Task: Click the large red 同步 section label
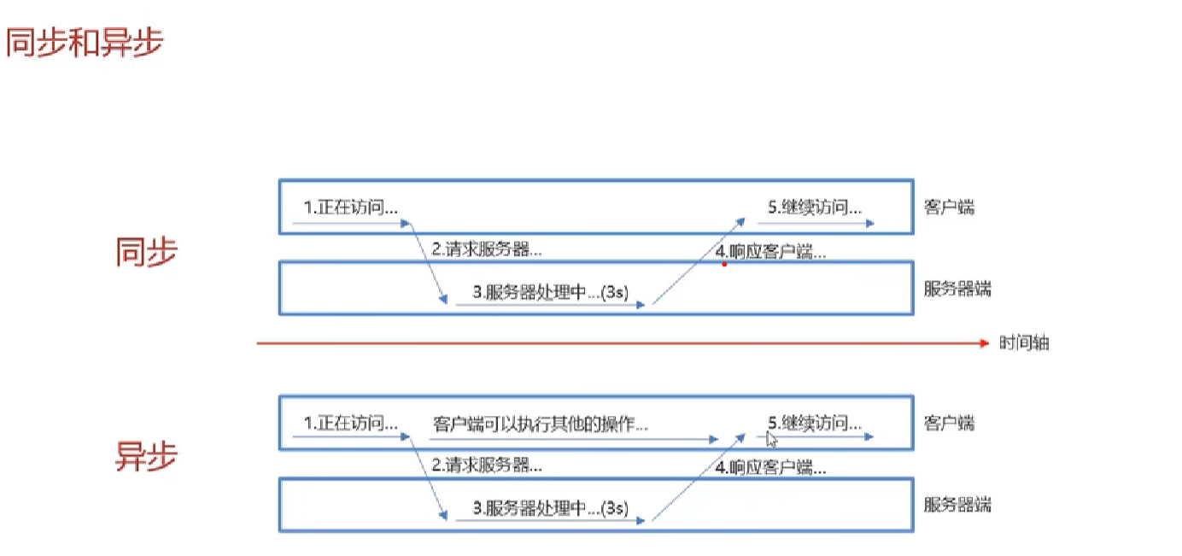pos(146,252)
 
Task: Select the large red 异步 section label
pos(146,458)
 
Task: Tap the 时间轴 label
pos(1024,343)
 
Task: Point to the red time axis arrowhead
pos(983,342)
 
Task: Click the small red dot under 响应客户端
pos(724,265)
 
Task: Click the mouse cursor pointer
pos(770,439)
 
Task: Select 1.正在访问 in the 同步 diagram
pos(351,207)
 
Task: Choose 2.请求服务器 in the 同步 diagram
pos(486,250)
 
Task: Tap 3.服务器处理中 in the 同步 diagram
pos(552,292)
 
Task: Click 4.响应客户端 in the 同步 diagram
pos(771,252)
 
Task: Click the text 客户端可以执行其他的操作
pos(540,423)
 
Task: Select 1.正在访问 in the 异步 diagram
pos(351,423)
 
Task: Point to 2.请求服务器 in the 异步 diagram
pos(486,466)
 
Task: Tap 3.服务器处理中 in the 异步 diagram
pos(552,509)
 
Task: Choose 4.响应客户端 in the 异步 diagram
pos(771,467)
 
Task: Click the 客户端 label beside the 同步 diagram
pos(949,207)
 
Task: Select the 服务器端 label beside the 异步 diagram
pos(957,504)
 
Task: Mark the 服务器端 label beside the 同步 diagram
pos(957,288)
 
